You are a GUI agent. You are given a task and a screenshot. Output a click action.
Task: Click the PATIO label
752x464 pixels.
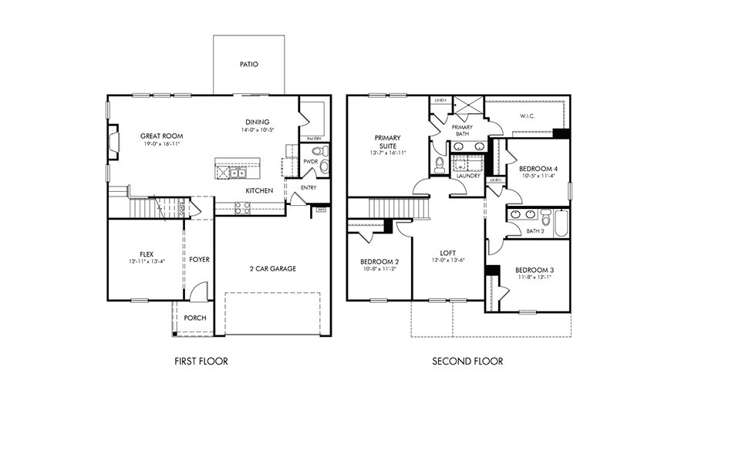coord(248,64)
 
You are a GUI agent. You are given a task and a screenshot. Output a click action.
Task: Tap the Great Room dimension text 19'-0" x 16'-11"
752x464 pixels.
coord(161,144)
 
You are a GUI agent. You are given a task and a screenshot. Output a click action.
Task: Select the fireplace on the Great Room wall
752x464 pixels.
coord(113,143)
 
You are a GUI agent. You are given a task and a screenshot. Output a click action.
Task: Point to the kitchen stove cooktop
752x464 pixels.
coord(242,207)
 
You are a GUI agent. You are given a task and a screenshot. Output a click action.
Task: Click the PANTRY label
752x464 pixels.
coord(314,139)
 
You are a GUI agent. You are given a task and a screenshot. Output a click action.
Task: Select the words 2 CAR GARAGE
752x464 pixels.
coord(272,268)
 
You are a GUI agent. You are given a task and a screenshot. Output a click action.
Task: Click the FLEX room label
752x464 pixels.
coord(147,254)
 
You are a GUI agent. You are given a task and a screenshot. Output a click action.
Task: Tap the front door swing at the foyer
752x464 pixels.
coord(198,291)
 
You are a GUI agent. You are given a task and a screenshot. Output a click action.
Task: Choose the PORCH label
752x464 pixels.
coord(194,318)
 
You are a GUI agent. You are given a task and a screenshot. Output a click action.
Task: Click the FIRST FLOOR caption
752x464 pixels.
coord(201,361)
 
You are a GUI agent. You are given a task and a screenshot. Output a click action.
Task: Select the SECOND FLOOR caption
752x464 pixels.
coord(467,361)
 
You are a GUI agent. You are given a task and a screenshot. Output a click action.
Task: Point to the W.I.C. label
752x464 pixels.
coord(527,116)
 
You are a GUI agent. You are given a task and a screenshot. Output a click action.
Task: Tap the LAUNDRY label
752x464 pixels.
coord(467,176)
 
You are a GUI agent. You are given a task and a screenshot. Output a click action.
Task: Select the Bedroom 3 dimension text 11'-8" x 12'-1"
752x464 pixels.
coord(534,277)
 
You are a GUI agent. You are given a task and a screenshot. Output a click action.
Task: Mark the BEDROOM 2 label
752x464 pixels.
coord(379,262)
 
